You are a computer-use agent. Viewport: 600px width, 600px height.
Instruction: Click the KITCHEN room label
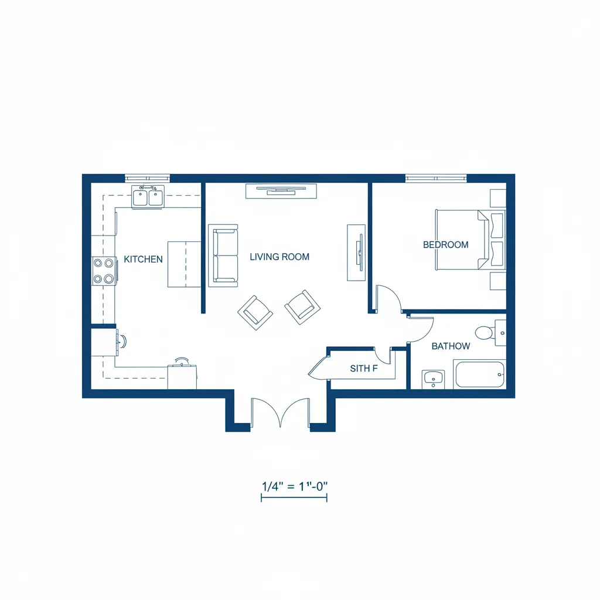click(143, 259)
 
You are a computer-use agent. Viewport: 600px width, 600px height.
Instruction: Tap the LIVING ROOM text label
click(279, 257)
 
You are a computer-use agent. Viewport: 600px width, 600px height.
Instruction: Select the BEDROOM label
click(445, 245)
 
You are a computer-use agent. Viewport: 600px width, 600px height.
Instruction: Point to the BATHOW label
click(451, 346)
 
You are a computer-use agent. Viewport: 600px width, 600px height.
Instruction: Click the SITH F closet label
click(364, 369)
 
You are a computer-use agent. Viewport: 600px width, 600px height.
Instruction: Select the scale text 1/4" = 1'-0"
click(294, 486)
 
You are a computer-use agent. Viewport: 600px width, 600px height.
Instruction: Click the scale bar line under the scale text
click(294, 498)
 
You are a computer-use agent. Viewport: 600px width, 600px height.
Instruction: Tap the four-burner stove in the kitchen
click(103, 271)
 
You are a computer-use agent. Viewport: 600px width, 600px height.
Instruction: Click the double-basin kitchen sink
click(148, 197)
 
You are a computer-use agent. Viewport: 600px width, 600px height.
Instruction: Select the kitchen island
click(184, 264)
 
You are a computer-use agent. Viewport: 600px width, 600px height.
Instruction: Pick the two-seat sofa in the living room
click(223, 255)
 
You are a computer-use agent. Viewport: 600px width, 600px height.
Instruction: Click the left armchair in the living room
click(255, 312)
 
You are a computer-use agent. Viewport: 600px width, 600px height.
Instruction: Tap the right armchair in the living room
click(302, 306)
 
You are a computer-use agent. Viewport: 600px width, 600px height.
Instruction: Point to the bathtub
click(479, 374)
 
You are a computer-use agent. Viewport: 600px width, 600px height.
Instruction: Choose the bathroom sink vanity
click(434, 379)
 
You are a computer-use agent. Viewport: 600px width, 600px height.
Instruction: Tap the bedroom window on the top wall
click(436, 178)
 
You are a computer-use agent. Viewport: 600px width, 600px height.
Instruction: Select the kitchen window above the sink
click(147, 178)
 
